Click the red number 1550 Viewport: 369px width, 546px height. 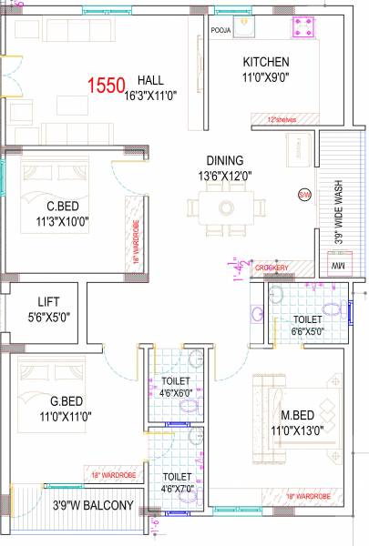(x=108, y=86)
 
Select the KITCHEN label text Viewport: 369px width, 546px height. (x=266, y=62)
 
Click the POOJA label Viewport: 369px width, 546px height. (x=221, y=29)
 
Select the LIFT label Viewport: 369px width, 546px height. (x=48, y=301)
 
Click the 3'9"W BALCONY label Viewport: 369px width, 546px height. (x=93, y=505)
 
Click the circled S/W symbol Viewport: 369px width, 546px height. (x=303, y=195)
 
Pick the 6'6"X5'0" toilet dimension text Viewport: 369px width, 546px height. (x=306, y=333)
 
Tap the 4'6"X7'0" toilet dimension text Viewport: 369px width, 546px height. (x=177, y=489)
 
